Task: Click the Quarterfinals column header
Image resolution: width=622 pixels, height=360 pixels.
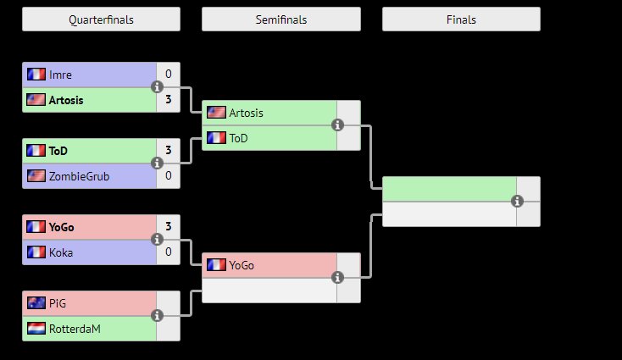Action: pyautogui.click(x=101, y=19)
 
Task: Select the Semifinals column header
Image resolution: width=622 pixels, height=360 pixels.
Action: pyautogui.click(x=280, y=19)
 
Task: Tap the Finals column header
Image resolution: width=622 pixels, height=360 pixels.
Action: pyautogui.click(x=461, y=19)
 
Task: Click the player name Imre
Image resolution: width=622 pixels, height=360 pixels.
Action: pyautogui.click(x=60, y=75)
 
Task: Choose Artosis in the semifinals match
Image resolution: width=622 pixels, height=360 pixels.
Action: pyautogui.click(x=246, y=113)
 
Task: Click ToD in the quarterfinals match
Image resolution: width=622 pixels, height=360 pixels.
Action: pyautogui.click(x=58, y=151)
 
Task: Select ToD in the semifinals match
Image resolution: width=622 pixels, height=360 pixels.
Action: pyautogui.click(x=238, y=138)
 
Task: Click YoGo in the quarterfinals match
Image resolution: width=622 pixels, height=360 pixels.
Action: pyautogui.click(x=62, y=227)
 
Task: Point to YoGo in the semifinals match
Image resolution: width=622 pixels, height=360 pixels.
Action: pyautogui.click(x=242, y=265)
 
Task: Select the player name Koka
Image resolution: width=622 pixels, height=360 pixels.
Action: pyautogui.click(x=60, y=252)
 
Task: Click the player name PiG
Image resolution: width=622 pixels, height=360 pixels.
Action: pyautogui.click(x=58, y=303)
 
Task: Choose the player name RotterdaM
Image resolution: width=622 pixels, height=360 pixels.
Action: pyautogui.click(x=75, y=329)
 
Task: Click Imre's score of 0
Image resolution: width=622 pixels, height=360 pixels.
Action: pyautogui.click(x=169, y=75)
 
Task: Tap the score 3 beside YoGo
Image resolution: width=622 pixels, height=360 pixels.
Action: pyautogui.click(x=169, y=227)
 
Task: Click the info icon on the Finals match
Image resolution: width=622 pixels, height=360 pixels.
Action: pyautogui.click(x=517, y=202)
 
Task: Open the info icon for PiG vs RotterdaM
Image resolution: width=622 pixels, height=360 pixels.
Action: pyautogui.click(x=157, y=316)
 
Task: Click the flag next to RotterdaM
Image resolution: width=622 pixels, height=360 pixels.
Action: pyautogui.click(x=36, y=329)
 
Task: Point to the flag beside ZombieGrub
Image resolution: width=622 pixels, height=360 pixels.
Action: pyautogui.click(x=36, y=176)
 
